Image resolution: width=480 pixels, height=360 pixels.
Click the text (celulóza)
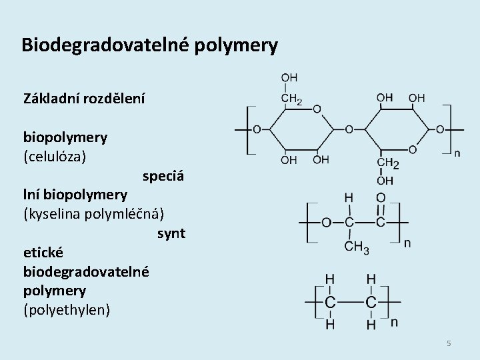click(55, 158)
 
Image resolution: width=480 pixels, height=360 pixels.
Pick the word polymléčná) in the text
click(127, 215)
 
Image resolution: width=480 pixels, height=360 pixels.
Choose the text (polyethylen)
click(67, 310)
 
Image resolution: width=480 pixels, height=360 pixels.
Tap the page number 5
click(449, 343)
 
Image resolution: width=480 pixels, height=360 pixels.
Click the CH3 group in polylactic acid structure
click(356, 248)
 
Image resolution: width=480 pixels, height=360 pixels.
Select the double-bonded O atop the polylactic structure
click(380, 197)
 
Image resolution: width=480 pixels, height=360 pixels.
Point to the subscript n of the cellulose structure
click(457, 153)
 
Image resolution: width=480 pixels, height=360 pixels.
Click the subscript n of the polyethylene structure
click(394, 323)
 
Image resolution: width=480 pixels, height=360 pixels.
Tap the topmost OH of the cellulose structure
click(290, 78)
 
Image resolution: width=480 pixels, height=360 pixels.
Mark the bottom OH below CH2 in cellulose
click(385, 180)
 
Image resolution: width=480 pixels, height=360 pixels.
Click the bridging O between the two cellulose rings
click(348, 128)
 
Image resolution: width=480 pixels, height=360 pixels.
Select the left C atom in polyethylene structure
click(331, 302)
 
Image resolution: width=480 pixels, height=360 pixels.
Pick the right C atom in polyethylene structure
click(371, 302)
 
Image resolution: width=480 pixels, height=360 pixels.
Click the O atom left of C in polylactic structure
click(326, 222)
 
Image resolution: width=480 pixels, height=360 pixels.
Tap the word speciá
click(163, 177)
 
